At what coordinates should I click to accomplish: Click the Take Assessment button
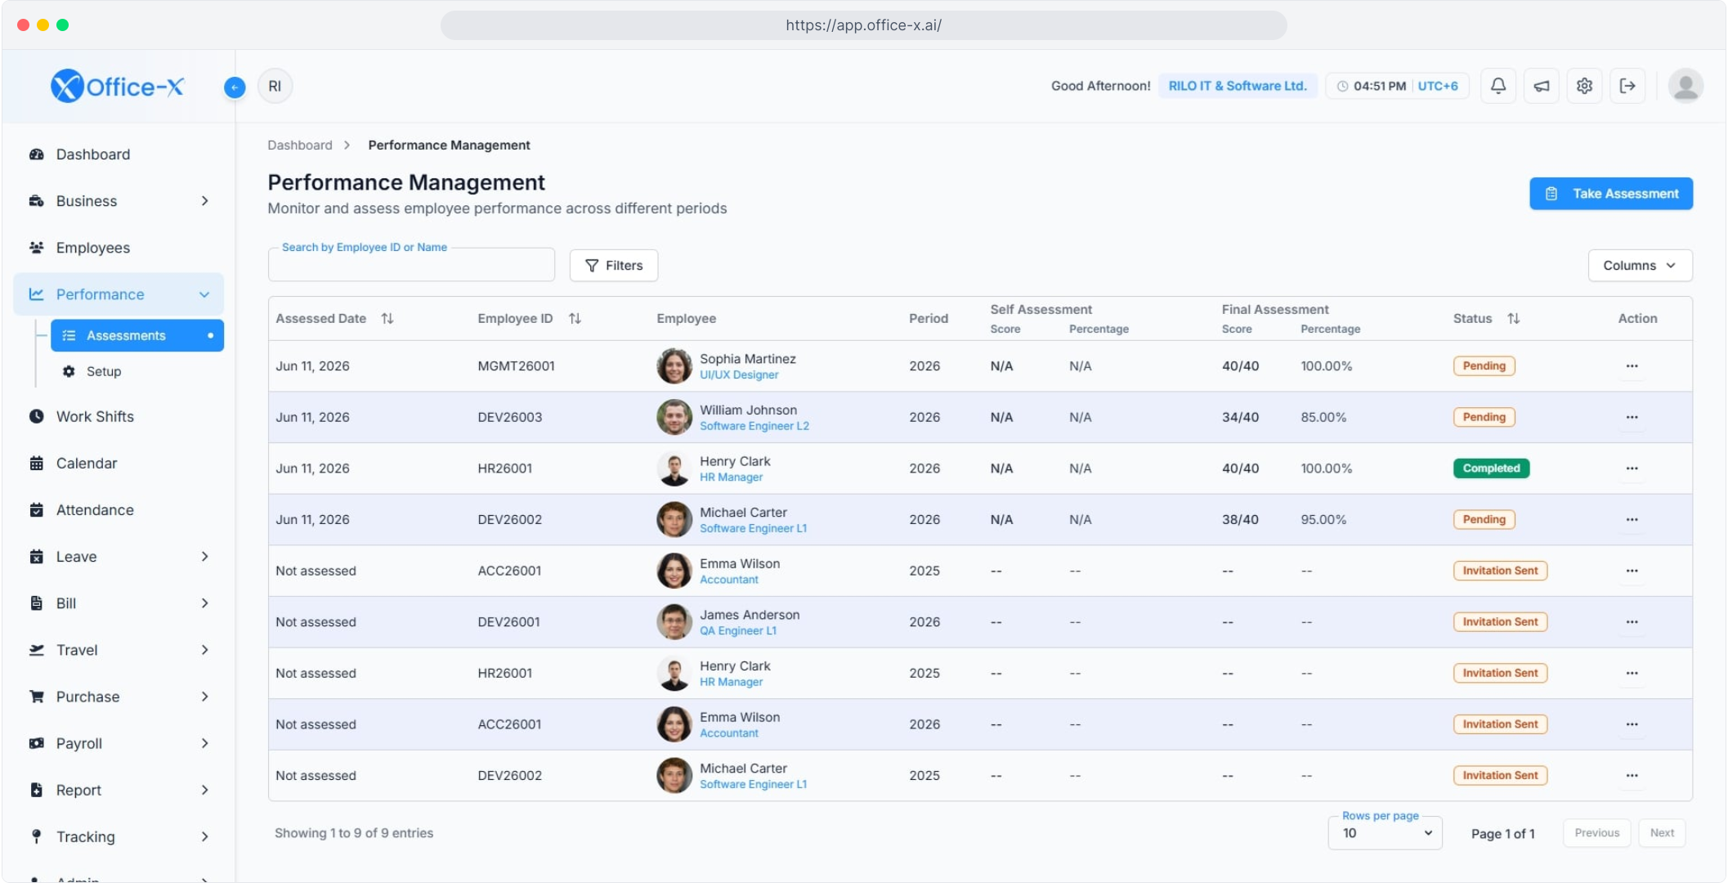click(x=1610, y=194)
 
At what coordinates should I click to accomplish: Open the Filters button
click(x=614, y=266)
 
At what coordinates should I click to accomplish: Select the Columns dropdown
click(x=1640, y=266)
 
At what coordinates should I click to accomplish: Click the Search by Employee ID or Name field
click(x=411, y=265)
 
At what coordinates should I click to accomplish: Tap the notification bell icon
click(x=1498, y=86)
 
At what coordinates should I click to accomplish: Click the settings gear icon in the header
click(x=1584, y=86)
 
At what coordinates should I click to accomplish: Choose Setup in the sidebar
click(x=104, y=371)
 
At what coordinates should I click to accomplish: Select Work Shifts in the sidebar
click(x=95, y=416)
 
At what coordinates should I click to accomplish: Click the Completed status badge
click(x=1491, y=468)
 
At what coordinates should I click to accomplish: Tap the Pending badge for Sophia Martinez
click(x=1484, y=366)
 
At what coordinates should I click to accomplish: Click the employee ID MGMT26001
click(x=516, y=366)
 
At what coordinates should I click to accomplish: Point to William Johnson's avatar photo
click(x=674, y=417)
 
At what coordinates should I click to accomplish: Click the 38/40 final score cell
click(x=1240, y=520)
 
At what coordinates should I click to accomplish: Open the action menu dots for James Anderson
click(x=1632, y=622)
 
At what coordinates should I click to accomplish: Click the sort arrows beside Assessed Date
click(x=387, y=319)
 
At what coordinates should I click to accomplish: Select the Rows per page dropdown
click(x=1386, y=833)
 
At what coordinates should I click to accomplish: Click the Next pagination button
click(x=1662, y=833)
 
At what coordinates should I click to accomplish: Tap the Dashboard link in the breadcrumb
click(x=300, y=146)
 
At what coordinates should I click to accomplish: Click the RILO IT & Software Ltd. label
click(x=1238, y=86)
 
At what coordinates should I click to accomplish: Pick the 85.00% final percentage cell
click(x=1323, y=418)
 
